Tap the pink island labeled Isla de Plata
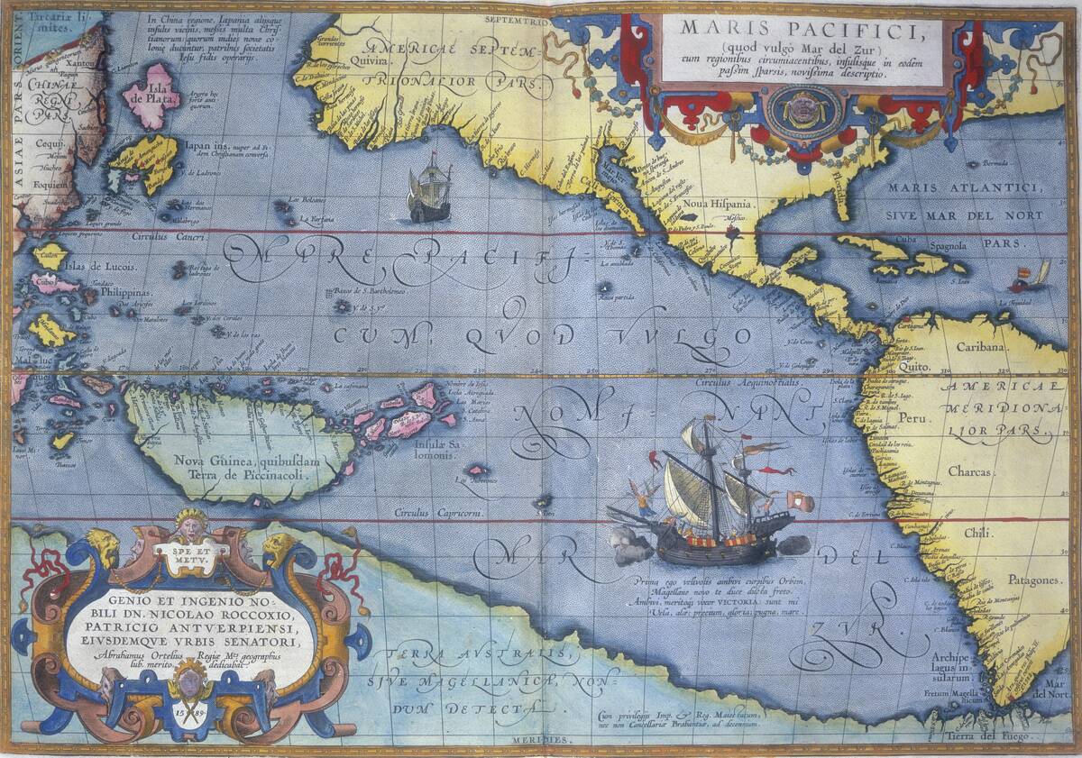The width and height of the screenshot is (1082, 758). (151, 95)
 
